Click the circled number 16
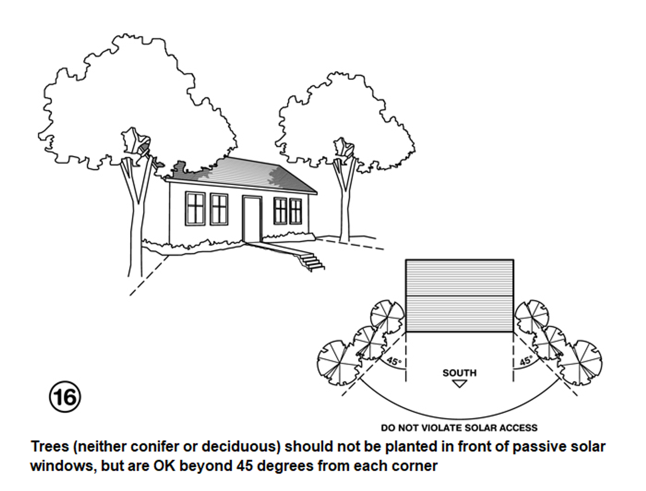click(65, 397)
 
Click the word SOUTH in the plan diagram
click(460, 373)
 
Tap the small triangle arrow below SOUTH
click(460, 384)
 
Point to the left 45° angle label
click(394, 361)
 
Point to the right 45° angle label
click(526, 361)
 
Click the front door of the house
click(252, 219)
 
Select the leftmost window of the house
click(195, 208)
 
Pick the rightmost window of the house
click(295, 211)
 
